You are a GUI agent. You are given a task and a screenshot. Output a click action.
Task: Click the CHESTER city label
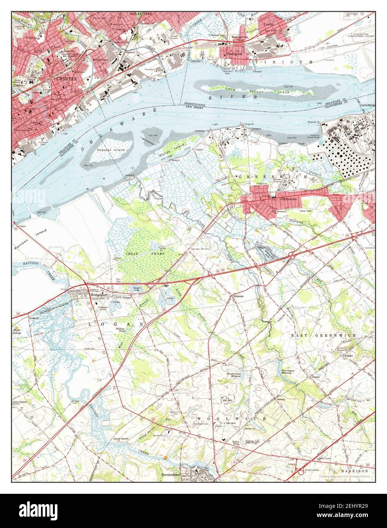[67, 79]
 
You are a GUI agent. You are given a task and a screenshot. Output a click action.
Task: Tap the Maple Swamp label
[17, 332]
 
